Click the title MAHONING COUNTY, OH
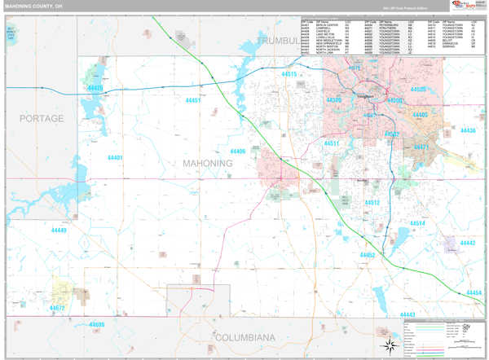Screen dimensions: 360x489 click(x=38, y=6)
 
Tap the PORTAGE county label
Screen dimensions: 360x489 click(x=42, y=118)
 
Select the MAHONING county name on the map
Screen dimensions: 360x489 click(x=207, y=163)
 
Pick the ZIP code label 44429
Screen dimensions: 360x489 click(x=95, y=88)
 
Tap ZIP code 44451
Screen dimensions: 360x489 click(x=193, y=100)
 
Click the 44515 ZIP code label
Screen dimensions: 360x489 click(x=289, y=74)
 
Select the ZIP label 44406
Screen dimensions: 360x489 click(x=237, y=151)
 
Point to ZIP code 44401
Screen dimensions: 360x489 click(x=115, y=158)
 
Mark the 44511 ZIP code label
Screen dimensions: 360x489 click(x=332, y=143)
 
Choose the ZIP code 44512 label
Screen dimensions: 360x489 click(x=372, y=203)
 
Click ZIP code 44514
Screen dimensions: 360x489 click(x=417, y=223)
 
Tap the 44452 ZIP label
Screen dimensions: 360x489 click(x=367, y=255)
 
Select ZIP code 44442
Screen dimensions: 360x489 click(x=467, y=243)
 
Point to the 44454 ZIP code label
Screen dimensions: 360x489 click(x=474, y=292)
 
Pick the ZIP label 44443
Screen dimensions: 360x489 click(x=407, y=314)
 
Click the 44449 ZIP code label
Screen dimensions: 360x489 click(x=59, y=230)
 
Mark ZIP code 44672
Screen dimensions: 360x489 click(x=56, y=309)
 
